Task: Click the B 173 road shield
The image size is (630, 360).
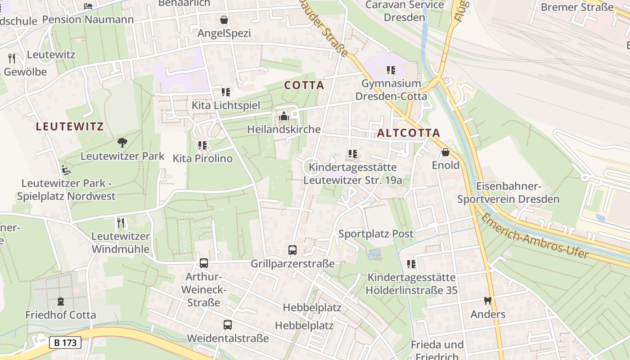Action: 65,342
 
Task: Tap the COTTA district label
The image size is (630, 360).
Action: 304,85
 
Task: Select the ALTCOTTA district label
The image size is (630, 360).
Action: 408,133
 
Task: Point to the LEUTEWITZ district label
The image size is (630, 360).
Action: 70,126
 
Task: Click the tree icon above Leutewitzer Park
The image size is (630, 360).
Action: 122,143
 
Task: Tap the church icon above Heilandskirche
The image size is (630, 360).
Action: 283,117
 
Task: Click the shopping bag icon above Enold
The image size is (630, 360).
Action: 445,152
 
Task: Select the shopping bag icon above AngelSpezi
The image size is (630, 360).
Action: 224,20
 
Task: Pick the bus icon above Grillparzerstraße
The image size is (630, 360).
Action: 292,250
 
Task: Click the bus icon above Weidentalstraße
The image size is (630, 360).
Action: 228,324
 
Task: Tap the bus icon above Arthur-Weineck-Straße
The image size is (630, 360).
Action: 204,263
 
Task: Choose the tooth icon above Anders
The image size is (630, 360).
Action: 487,301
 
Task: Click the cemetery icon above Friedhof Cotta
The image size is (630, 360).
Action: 61,301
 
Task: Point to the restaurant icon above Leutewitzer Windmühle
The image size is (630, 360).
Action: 121,223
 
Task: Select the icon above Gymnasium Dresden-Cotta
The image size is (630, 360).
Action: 391,70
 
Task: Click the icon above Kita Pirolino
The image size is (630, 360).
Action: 202,145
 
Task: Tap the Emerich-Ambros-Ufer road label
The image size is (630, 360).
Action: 535,236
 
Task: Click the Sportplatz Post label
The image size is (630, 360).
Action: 376,234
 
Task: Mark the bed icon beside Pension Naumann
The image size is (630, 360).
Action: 88,6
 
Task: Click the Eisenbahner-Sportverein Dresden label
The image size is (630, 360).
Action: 508,193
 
